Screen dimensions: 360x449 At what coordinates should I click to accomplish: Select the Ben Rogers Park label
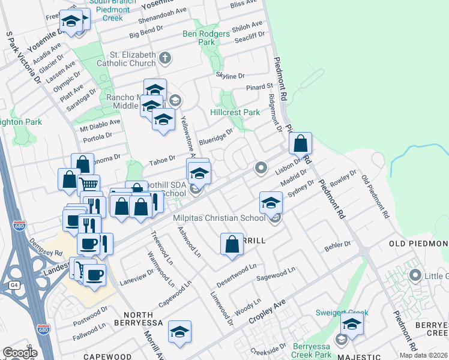[x=206, y=38]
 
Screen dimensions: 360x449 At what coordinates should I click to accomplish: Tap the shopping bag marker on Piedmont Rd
[x=301, y=145]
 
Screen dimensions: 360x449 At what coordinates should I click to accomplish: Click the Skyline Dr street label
[x=231, y=76]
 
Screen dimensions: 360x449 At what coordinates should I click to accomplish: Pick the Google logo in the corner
[x=19, y=352]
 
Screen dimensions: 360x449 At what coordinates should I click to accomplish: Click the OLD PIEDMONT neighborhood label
[x=418, y=243]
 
